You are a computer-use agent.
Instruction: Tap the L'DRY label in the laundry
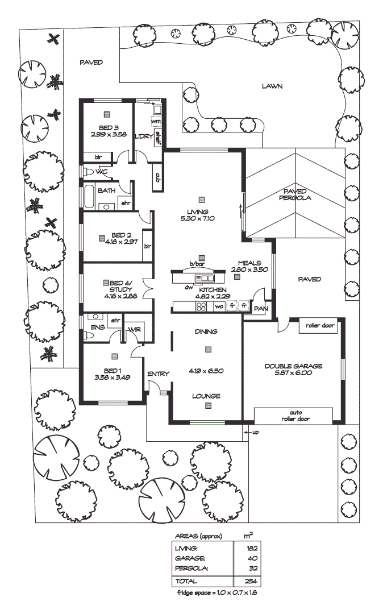coord(141,137)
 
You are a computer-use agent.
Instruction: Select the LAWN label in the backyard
coord(272,86)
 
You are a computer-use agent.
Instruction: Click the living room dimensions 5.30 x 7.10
coord(200,218)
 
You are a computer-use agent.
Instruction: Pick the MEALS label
coord(249,263)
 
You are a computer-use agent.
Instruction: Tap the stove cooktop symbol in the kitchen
coord(202,306)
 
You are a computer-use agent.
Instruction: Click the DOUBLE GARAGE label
coord(293,366)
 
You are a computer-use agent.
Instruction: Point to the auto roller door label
coord(294,416)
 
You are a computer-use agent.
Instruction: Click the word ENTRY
coord(158,374)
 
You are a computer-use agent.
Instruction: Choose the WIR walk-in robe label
coord(135,330)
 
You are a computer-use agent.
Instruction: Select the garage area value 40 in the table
coord(252,558)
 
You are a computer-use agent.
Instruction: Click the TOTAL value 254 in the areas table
coord(251,582)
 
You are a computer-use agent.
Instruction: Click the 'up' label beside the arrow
coord(255,433)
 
